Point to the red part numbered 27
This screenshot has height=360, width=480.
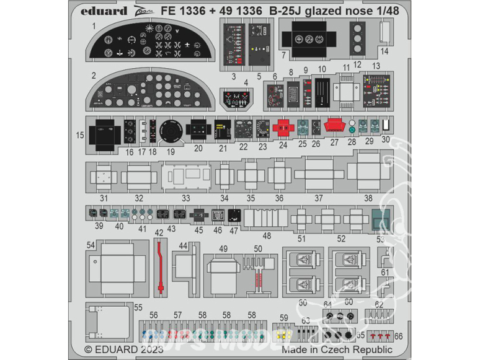(x=334, y=126)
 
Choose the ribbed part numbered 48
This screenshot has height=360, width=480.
(x=265, y=219)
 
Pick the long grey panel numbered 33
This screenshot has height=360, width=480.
(x=184, y=175)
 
